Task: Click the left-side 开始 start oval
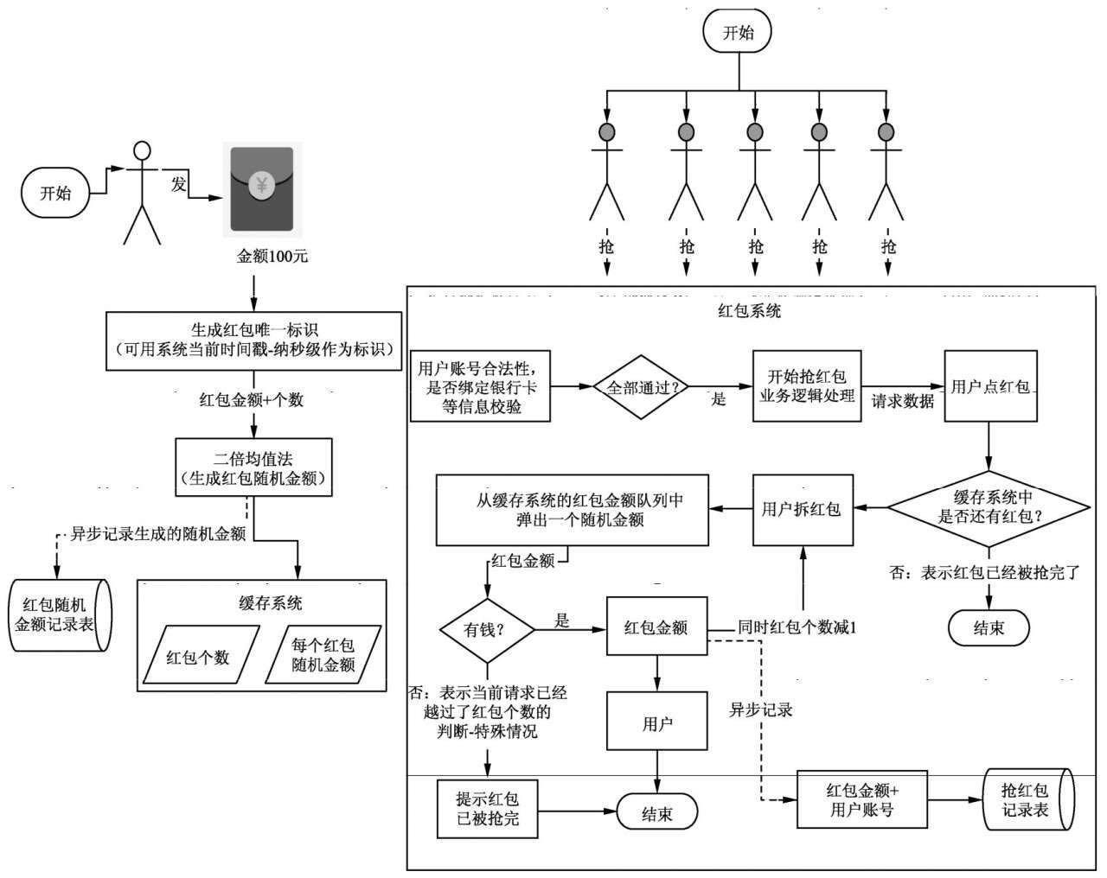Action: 56,193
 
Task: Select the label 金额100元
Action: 272,257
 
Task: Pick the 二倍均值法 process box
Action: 253,467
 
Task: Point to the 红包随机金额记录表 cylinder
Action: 60,614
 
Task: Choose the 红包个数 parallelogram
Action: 198,657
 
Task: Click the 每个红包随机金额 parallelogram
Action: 323,656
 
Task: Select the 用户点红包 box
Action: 989,386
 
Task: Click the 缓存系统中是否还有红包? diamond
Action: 989,507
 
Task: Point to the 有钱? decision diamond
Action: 487,630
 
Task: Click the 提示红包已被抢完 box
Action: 488,807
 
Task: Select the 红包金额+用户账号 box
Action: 861,799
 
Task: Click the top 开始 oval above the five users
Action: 738,33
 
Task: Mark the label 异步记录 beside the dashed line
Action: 761,710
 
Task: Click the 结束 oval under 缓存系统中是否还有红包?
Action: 989,627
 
